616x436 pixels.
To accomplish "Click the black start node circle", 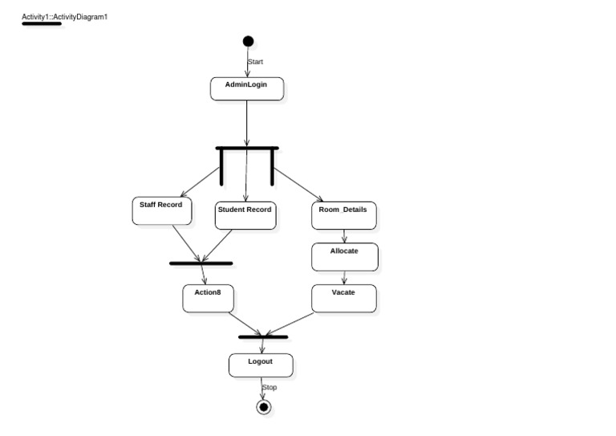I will point(248,42).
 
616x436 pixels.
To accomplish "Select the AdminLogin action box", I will point(247,88).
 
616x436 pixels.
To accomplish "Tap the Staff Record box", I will point(161,210).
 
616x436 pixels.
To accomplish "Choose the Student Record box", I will point(245,215).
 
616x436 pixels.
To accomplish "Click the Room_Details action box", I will point(343,214).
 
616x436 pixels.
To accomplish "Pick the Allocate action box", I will point(344,256).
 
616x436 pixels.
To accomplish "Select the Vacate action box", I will point(343,298).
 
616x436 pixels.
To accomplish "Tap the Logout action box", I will point(261,365).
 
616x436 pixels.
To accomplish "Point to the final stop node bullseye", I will point(263,407).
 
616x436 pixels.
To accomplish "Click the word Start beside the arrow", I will point(256,62).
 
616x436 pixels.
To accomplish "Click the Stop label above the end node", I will point(269,388).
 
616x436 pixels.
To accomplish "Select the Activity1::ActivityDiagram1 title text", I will point(64,16).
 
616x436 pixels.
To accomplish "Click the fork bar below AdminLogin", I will point(247,149).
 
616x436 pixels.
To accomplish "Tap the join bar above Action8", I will point(201,263).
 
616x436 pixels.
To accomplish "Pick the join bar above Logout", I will point(263,336).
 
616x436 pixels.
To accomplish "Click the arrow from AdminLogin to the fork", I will point(247,124).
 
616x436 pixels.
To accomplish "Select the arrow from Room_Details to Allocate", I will point(344,236).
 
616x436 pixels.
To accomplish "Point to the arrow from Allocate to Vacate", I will point(344,278).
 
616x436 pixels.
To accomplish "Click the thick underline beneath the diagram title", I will point(42,24).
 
